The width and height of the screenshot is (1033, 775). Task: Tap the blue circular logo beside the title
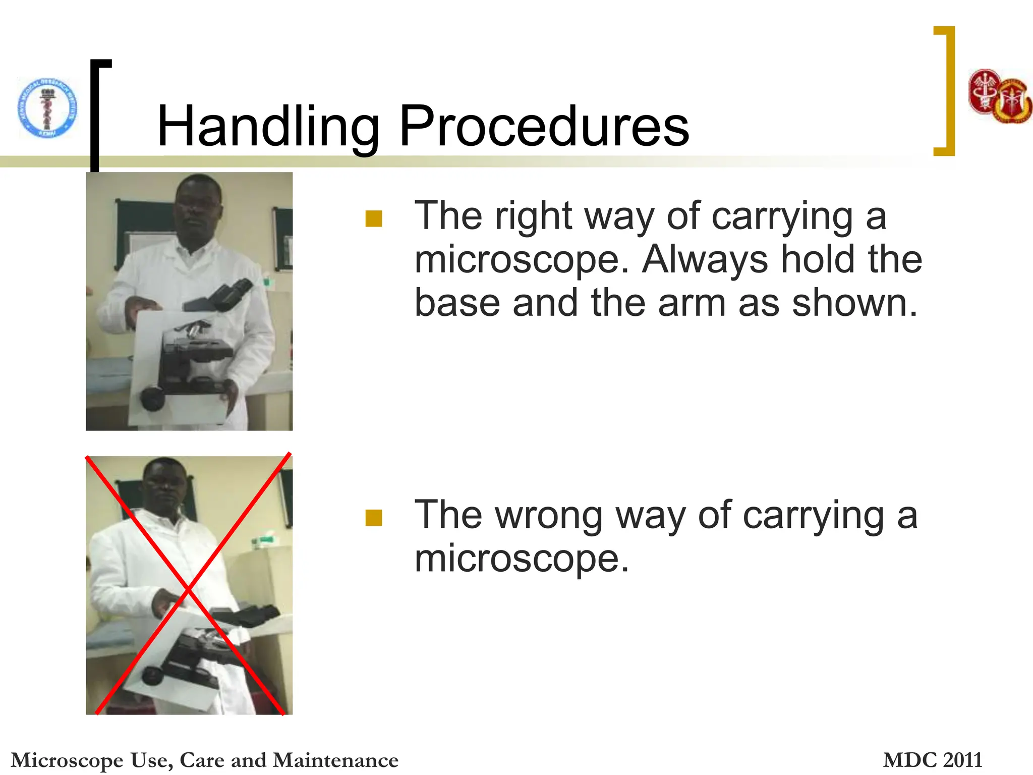pyautogui.click(x=48, y=107)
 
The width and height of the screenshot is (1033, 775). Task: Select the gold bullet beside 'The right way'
pyautogui.click(x=374, y=218)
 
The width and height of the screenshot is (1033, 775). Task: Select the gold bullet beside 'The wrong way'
pyautogui.click(x=374, y=518)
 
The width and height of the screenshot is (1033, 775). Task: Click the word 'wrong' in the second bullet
pyautogui.click(x=548, y=515)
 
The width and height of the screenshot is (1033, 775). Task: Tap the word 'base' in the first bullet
pyautogui.click(x=457, y=303)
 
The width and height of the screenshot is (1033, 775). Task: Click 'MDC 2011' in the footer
pyautogui.click(x=932, y=760)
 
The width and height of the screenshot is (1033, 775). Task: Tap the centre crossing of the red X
pyautogui.click(x=188, y=588)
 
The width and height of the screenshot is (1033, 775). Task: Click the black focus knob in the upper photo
pyautogui.click(x=152, y=398)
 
